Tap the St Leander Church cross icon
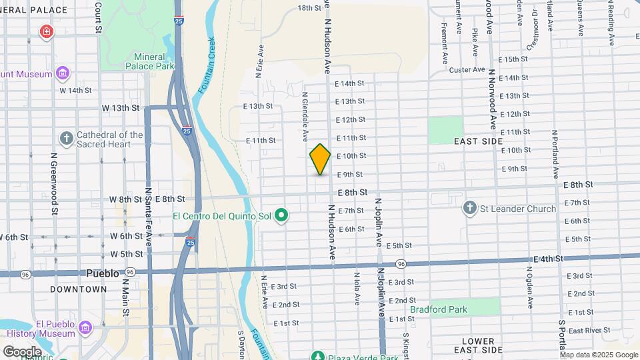(470, 209)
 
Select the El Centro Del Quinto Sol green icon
(281, 215)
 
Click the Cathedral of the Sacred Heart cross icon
(66, 139)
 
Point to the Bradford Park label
(438, 309)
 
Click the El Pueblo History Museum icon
(85, 328)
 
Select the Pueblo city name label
(103, 273)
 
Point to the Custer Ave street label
(467, 69)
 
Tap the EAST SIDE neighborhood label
(478, 142)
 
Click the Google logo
(22, 351)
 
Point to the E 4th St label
(549, 259)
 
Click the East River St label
(585, 330)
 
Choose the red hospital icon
(46, 31)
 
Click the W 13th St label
(121, 107)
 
